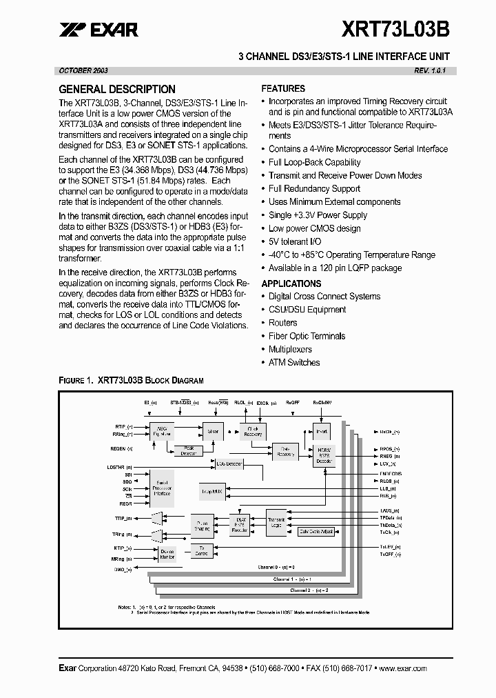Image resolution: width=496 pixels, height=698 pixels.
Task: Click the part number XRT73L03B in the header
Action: [x=396, y=29]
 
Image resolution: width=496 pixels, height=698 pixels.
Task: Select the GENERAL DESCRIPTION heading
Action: [x=117, y=89]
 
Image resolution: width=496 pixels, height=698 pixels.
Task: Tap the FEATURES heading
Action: [x=283, y=88]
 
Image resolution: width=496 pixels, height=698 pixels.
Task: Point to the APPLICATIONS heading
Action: [x=291, y=283]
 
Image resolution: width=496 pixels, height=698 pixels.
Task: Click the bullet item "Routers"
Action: [x=283, y=323]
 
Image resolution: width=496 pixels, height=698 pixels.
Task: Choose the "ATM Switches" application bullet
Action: [x=294, y=362]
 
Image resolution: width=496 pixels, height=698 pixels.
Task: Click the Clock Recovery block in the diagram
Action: [x=252, y=430]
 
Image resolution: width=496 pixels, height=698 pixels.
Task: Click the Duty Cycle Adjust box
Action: [x=317, y=532]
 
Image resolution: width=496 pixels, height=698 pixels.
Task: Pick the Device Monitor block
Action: [x=167, y=554]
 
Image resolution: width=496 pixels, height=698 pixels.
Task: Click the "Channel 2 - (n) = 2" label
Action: [x=309, y=590]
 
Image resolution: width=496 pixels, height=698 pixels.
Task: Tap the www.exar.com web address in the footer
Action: [x=403, y=668]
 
